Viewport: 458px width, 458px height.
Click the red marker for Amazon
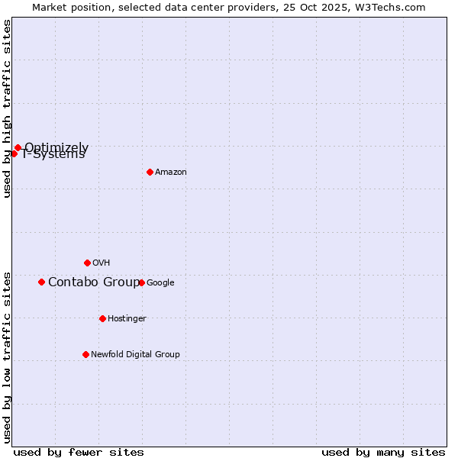click(x=150, y=172)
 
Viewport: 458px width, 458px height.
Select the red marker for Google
click(x=141, y=282)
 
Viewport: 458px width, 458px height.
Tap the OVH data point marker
click(x=87, y=263)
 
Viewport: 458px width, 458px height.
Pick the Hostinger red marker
click(x=102, y=318)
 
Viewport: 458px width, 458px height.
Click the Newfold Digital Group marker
click(x=85, y=354)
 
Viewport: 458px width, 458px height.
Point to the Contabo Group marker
click(x=41, y=282)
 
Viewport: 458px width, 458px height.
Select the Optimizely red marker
click(x=18, y=147)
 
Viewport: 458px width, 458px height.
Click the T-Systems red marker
click(x=14, y=153)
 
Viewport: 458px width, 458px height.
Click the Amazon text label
click(x=171, y=173)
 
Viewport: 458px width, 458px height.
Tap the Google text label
click(x=160, y=282)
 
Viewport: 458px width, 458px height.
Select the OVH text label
click(x=102, y=263)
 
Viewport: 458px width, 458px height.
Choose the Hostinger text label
click(x=127, y=318)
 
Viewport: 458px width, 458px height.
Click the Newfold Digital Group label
click(x=135, y=354)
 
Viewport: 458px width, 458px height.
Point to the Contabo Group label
click(x=94, y=282)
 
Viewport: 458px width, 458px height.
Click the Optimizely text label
click(x=56, y=147)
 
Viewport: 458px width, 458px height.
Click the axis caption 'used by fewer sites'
click(x=79, y=452)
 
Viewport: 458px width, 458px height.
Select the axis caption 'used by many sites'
click(x=383, y=452)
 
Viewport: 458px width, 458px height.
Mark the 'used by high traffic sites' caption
click(x=7, y=108)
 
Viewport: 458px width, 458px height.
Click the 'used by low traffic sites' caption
click(x=7, y=356)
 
